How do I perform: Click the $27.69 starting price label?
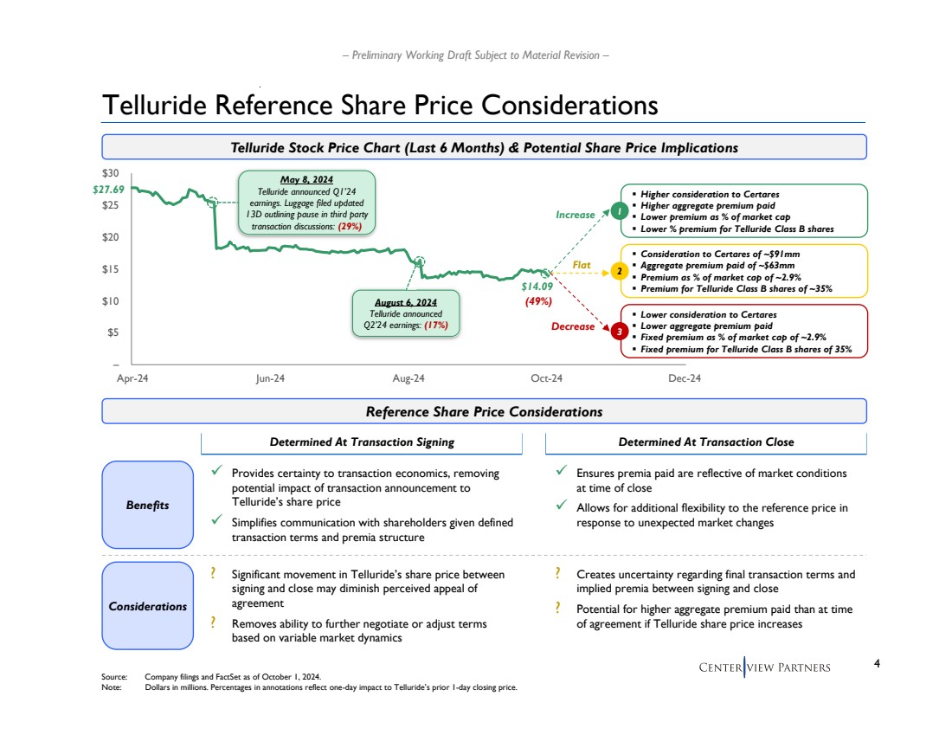[108, 190]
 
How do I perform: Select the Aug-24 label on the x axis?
[408, 378]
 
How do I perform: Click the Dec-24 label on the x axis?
[685, 378]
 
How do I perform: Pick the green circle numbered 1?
[620, 210]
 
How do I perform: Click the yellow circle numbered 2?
[620, 272]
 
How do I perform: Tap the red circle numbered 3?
[620, 332]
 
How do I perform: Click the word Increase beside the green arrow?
[576, 215]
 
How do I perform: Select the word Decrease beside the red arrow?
[573, 326]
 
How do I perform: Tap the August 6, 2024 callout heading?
[407, 302]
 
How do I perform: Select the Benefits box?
[147, 505]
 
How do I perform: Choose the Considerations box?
[147, 606]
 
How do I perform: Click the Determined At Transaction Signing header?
[362, 442]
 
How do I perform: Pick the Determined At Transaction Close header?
[706, 442]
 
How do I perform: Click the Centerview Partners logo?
[764, 667]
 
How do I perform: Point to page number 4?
[878, 664]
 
